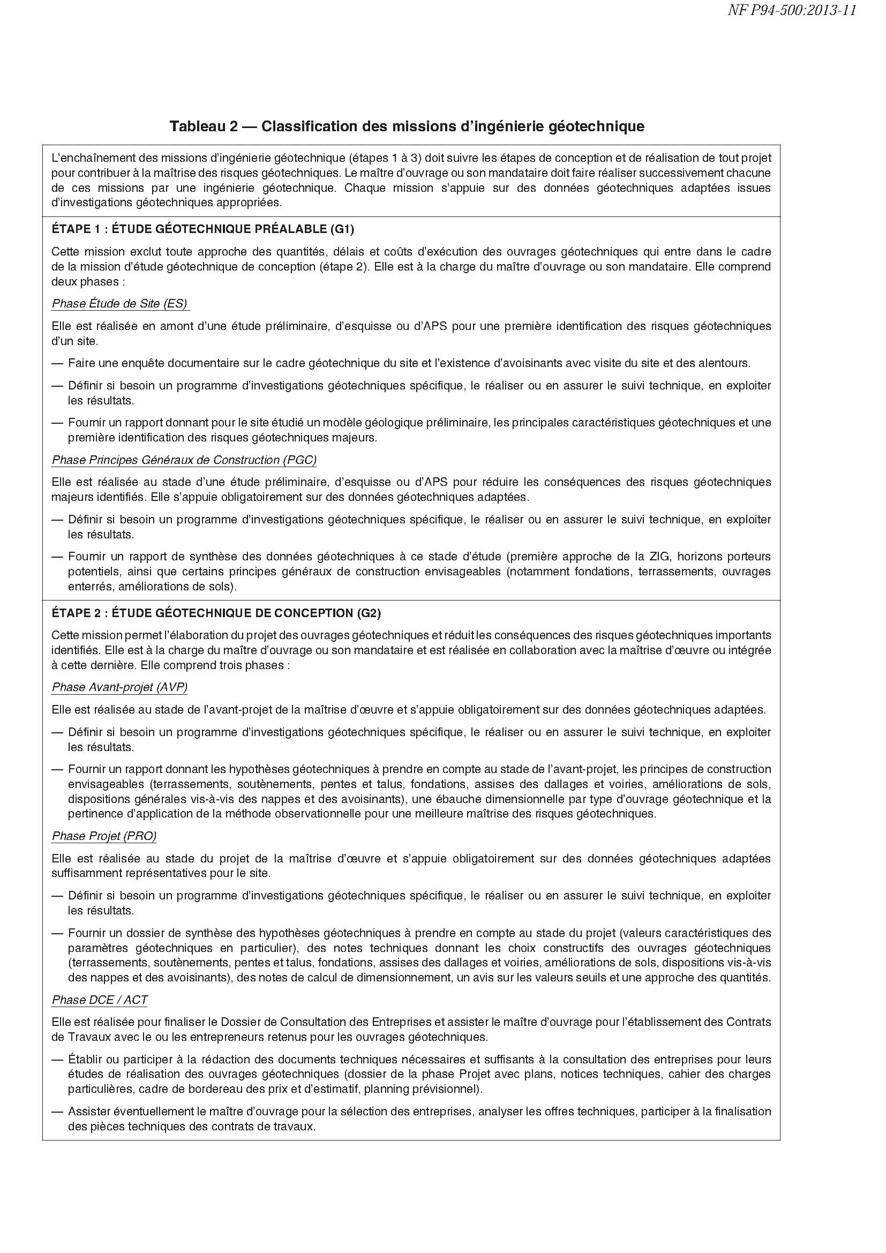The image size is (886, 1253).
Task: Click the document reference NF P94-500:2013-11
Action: (792, 11)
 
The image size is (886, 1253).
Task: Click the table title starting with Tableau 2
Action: (407, 126)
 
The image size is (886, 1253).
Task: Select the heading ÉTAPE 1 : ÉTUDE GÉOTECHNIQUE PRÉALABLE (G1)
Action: (203, 229)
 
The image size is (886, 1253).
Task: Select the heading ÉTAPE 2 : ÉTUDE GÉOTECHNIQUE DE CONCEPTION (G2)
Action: (216, 613)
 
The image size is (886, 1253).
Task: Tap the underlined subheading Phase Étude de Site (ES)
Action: (120, 304)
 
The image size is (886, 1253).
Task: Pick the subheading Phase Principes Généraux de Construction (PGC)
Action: (184, 460)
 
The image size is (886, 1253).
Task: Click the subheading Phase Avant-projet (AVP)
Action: (119, 688)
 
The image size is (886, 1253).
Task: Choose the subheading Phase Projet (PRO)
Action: (104, 836)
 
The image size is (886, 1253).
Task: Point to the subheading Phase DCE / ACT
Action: (100, 1000)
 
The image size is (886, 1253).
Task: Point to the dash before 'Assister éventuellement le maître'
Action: (57, 1112)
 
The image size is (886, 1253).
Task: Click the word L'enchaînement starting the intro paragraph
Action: (88, 158)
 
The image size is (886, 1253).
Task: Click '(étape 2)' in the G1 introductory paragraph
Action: (344, 267)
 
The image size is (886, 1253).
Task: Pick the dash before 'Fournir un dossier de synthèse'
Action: (57, 933)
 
